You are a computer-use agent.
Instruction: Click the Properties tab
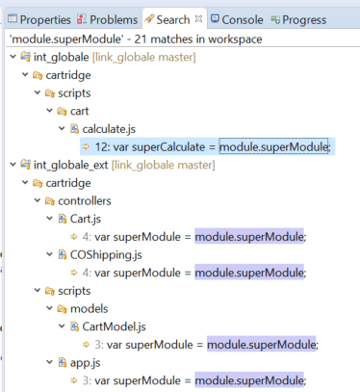pos(39,20)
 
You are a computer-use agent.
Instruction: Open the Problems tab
pos(107,20)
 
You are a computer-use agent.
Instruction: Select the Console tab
pos(237,20)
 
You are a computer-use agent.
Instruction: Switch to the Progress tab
pos(298,20)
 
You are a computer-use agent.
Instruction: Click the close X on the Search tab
pos(198,18)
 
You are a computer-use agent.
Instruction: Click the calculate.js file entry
pos(103,129)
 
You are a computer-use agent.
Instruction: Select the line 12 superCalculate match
pos(207,147)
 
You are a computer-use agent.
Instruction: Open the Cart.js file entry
pos(80,219)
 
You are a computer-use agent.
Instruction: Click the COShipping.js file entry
pos(100,255)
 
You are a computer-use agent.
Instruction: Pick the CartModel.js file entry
pos(108,327)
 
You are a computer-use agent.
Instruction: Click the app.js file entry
pos(79,363)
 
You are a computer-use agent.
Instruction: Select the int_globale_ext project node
pos(117,165)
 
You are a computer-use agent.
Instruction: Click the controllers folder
pos(78,201)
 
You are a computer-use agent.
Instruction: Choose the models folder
pos(83,309)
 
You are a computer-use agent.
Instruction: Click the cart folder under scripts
pos(73,111)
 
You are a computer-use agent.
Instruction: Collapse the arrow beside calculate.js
pos(62,129)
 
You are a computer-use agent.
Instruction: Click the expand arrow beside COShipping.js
pos(49,254)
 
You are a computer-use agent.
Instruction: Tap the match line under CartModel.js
pos(200,345)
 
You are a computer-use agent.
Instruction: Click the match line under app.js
pos(189,380)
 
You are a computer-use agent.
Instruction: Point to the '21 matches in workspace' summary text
pos(198,39)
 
